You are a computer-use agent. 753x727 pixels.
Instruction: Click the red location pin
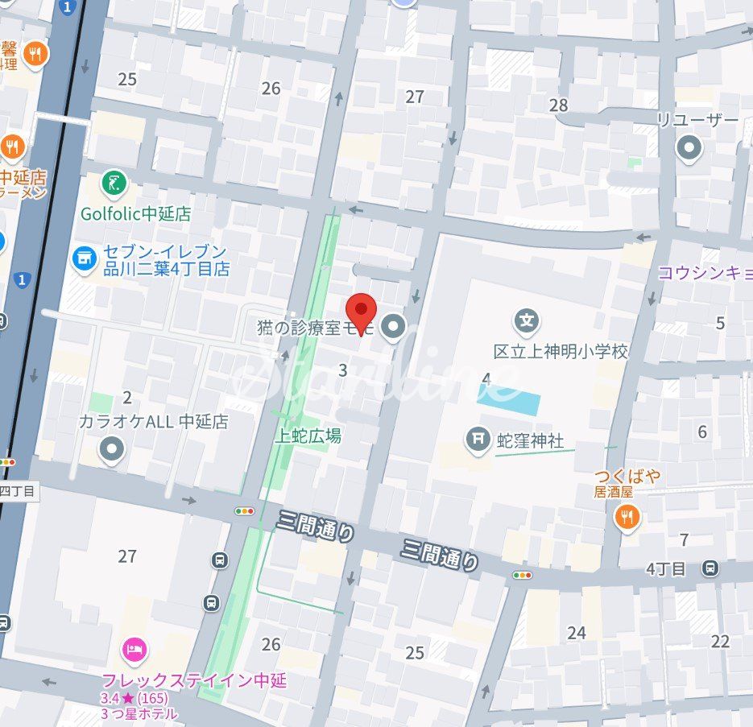point(362,309)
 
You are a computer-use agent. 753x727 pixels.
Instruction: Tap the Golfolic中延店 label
point(136,214)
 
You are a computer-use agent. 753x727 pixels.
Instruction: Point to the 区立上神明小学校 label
point(561,352)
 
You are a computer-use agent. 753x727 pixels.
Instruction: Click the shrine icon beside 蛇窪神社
point(478,439)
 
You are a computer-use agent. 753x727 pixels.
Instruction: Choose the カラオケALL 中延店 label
point(153,422)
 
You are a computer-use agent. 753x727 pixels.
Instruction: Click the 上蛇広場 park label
point(308,436)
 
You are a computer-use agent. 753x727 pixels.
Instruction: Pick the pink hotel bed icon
point(134,649)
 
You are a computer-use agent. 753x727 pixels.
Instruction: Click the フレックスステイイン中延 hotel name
point(194,680)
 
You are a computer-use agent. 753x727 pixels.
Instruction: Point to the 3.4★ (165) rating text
point(134,698)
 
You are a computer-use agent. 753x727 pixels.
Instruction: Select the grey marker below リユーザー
point(689,148)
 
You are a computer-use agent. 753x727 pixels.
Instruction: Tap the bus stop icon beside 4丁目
point(710,569)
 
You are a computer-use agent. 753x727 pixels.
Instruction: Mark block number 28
point(558,105)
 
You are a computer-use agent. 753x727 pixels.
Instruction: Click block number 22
point(720,641)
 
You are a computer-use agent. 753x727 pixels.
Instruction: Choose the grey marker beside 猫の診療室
point(394,327)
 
